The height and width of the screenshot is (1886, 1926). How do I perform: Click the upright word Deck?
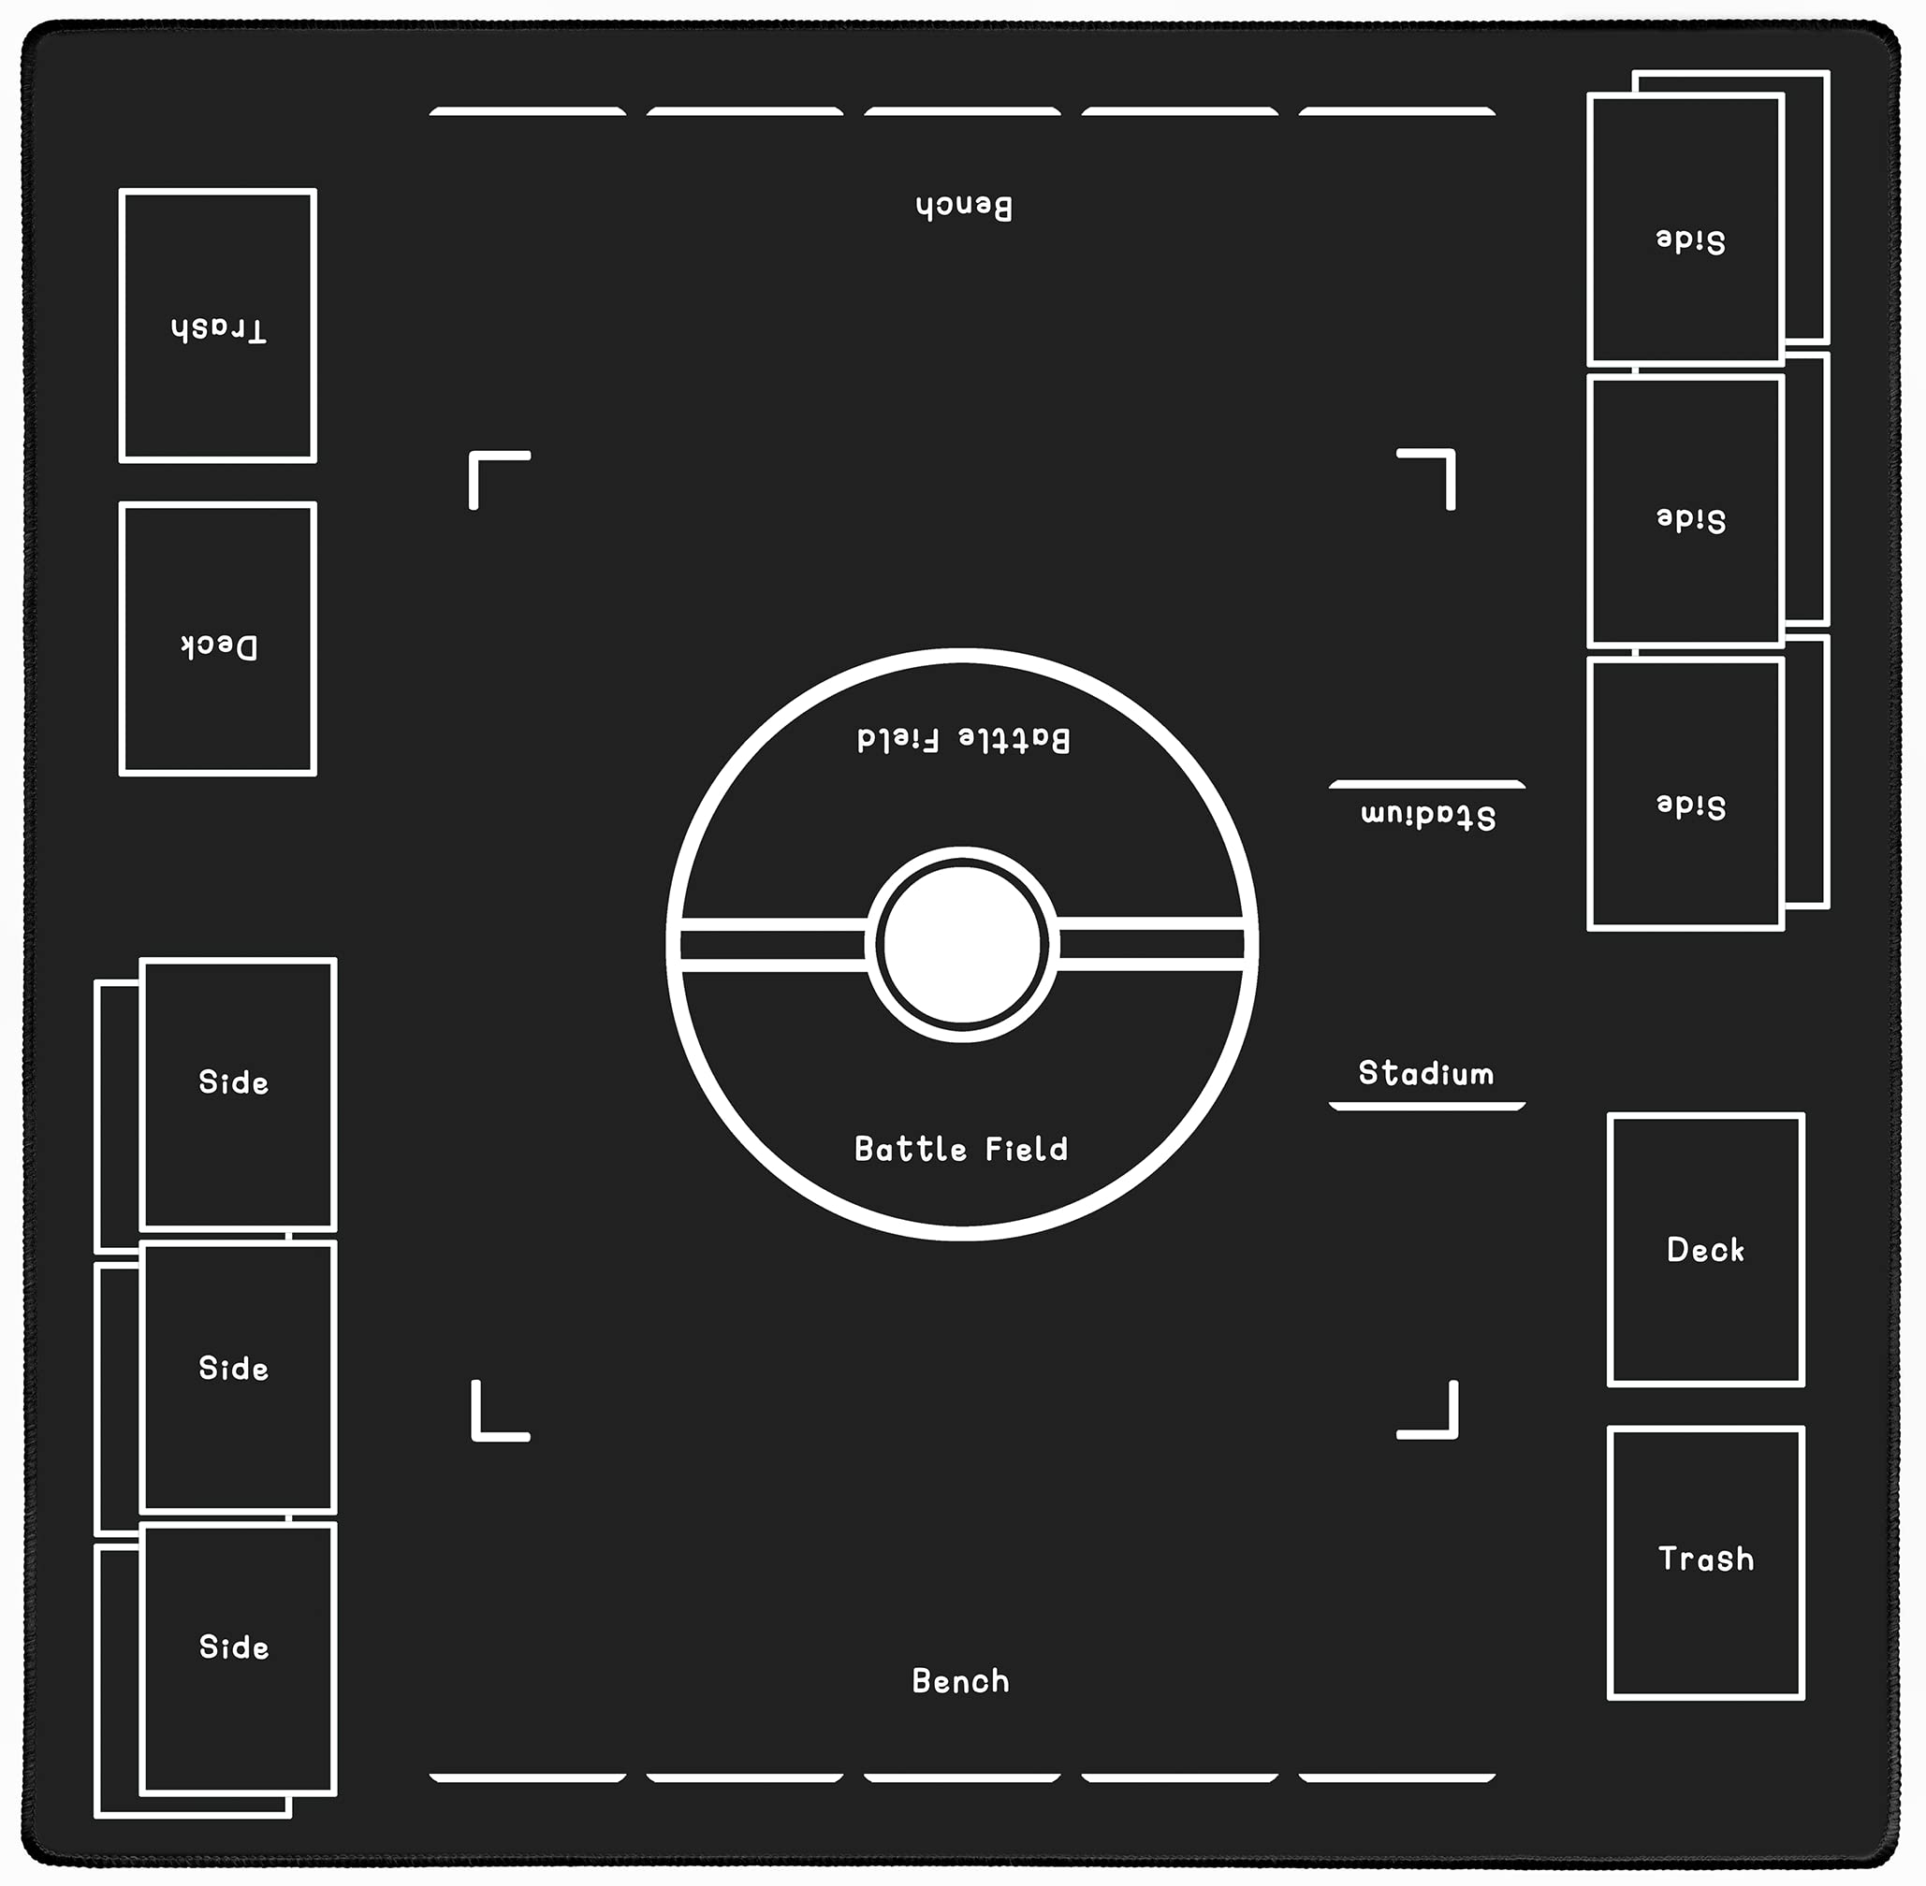point(1705,1250)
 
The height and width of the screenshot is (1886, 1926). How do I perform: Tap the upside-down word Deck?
point(219,646)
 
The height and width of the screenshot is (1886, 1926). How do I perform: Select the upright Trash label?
point(1706,1560)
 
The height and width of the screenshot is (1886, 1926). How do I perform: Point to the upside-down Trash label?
point(218,329)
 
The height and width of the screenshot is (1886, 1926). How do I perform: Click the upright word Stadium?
point(1425,1074)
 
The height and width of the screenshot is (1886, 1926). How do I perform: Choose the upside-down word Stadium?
point(1428,816)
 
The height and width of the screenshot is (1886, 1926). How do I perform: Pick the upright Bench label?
point(961,1681)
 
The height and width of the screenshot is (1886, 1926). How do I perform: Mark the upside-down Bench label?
point(964,207)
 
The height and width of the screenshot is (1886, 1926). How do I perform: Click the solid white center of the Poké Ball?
point(962,944)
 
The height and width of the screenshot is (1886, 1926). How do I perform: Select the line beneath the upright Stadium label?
point(1426,1106)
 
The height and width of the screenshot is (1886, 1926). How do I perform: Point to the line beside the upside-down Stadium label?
point(1426,785)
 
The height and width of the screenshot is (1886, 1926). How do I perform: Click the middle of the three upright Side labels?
point(234,1369)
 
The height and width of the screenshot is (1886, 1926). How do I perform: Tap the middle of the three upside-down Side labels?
point(1691,519)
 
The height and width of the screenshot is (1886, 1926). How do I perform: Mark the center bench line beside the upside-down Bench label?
point(962,112)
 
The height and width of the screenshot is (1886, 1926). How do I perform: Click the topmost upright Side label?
point(234,1081)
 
